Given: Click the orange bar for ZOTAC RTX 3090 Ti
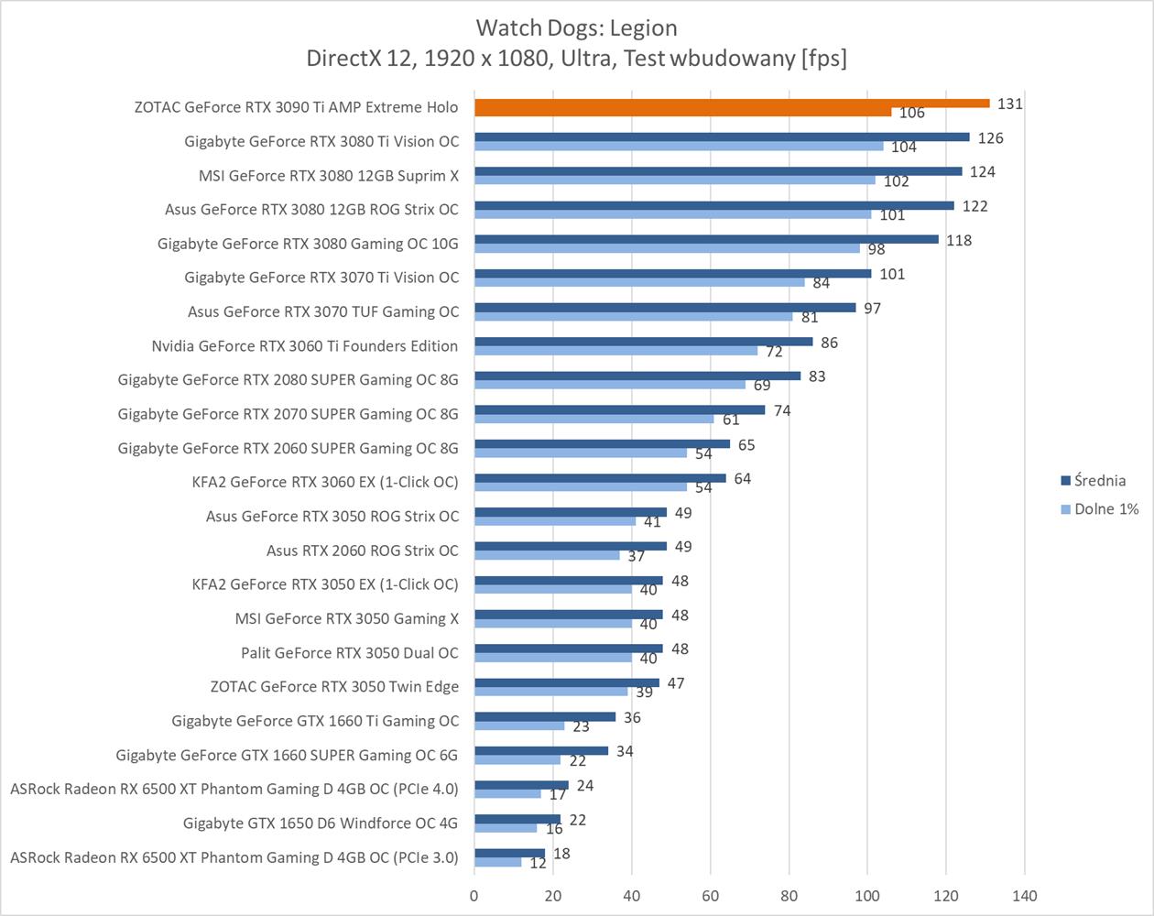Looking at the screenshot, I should click(x=731, y=104).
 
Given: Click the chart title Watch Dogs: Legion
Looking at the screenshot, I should click(x=576, y=27).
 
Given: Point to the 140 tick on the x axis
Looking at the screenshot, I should click(x=1024, y=895).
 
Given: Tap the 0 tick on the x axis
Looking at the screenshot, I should click(x=474, y=895).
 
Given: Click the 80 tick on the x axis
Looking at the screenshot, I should click(x=789, y=895).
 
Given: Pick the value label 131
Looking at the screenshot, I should click(x=1009, y=104).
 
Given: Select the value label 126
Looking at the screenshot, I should click(x=990, y=138).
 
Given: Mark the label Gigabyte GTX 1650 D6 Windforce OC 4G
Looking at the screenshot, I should click(x=321, y=823).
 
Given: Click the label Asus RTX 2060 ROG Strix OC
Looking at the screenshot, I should click(x=363, y=551).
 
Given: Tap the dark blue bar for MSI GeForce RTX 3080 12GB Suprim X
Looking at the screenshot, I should click(x=718, y=171).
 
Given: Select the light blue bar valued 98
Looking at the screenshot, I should click(x=667, y=248).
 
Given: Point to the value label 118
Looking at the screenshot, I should click(x=959, y=240).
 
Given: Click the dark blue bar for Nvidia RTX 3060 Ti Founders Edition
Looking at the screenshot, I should click(x=643, y=342).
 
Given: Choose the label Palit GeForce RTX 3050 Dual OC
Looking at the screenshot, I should click(x=350, y=652).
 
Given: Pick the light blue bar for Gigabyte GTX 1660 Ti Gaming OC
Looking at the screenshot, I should click(x=518, y=725).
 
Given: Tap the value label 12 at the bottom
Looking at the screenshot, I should click(x=538, y=864).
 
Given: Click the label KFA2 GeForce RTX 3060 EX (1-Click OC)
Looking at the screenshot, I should click(x=325, y=482).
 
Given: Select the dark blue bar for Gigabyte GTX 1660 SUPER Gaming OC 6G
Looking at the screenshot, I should click(x=540, y=751).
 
